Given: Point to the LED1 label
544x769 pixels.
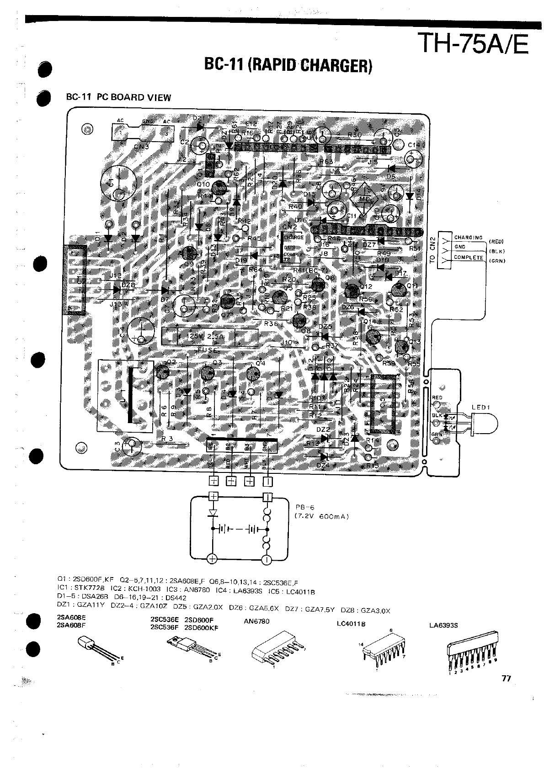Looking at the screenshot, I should (x=481, y=407).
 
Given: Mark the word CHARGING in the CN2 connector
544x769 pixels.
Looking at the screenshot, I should (x=468, y=237).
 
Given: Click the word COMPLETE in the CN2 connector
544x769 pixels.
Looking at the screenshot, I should (x=468, y=257).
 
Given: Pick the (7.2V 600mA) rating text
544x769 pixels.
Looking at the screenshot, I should (x=321, y=516).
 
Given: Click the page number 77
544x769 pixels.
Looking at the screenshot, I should (x=506, y=678).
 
